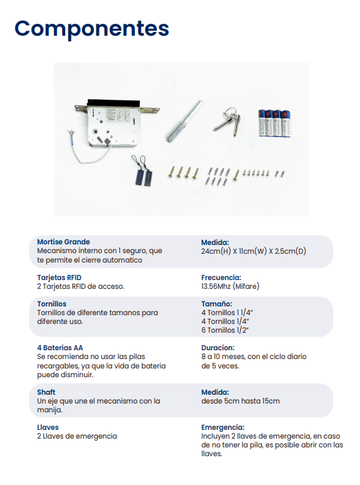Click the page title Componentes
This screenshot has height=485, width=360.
pos(91,28)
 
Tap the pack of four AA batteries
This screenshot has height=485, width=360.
pos(275,123)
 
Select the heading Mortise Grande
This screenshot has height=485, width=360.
pos(63,242)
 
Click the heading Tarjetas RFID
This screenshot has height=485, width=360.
pos(59,277)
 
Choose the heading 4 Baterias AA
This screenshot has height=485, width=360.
pos(60,347)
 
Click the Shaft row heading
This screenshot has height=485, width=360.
pos(46,392)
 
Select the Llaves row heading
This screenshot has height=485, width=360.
pos(48,427)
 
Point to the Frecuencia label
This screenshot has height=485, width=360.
pos(221,277)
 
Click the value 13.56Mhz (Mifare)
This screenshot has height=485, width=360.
pos(230,286)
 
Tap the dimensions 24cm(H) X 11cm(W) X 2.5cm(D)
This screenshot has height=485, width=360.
pos(253,251)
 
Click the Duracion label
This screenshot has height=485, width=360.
pos(218,347)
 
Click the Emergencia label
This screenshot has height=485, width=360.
pos(222,427)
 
